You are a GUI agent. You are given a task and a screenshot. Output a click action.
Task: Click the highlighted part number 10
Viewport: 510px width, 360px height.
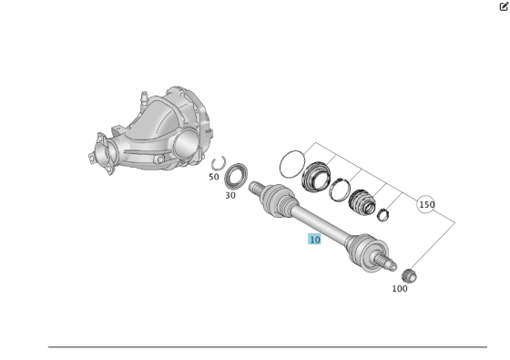tap(314, 240)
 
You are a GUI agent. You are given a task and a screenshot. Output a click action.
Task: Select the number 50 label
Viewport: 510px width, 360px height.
tap(213, 177)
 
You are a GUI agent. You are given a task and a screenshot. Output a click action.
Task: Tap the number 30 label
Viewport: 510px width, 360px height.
tap(230, 195)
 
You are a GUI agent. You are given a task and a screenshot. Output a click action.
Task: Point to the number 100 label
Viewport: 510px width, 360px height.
tap(400, 289)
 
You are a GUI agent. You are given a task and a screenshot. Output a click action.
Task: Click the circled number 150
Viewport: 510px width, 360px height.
tap(426, 205)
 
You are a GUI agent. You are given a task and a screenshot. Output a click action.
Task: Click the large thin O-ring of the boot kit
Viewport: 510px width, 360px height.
tap(291, 165)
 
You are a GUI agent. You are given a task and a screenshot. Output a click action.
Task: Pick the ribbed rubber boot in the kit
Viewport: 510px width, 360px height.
tap(362, 202)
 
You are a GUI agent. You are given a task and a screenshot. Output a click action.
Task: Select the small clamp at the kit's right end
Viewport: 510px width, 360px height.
tap(383, 215)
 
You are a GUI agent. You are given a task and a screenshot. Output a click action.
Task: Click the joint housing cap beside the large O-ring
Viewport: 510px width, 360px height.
tap(319, 177)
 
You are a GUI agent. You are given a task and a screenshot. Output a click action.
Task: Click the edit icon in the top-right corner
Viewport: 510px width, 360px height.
tap(503, 5)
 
